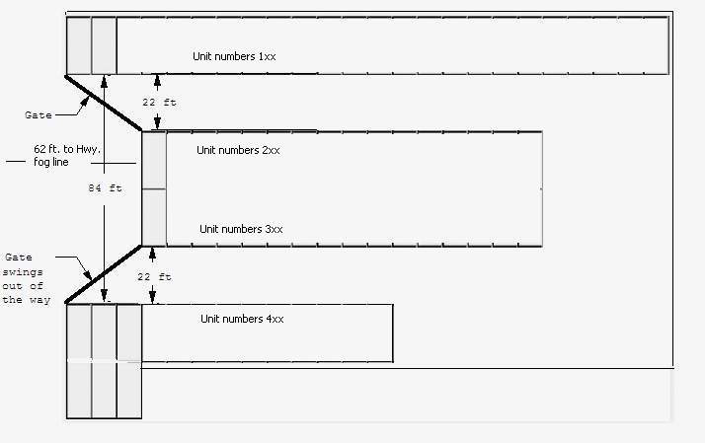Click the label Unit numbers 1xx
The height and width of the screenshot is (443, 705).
(x=234, y=56)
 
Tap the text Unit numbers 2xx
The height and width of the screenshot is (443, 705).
(x=238, y=150)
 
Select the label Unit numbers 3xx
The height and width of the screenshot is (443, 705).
(x=241, y=229)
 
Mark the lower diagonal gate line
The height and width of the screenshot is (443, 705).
(x=104, y=274)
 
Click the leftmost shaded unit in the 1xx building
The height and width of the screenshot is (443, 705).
(x=79, y=45)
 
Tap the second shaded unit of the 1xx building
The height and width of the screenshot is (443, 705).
(x=104, y=45)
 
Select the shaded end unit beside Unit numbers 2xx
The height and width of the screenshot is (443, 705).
(x=154, y=160)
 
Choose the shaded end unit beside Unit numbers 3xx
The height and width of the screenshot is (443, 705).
(x=154, y=217)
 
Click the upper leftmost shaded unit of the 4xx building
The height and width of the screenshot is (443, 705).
(x=79, y=333)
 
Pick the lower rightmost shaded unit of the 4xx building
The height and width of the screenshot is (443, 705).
(x=129, y=391)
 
